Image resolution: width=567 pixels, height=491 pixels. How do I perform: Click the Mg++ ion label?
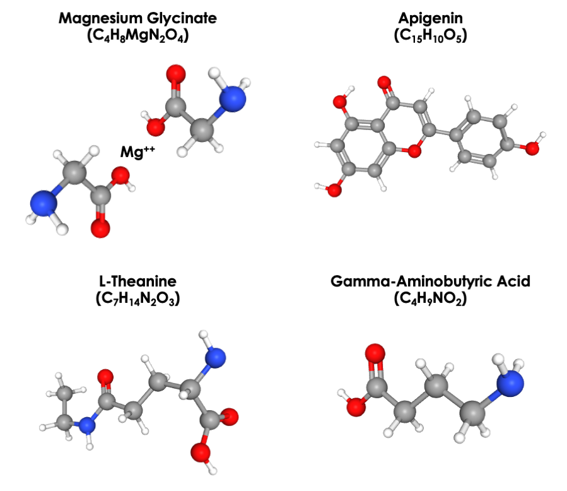[137, 151]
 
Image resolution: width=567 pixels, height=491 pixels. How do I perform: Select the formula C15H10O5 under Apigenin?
[428, 37]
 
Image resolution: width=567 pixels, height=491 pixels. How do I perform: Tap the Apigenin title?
[428, 18]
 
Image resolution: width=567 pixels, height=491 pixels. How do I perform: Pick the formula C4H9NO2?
[430, 299]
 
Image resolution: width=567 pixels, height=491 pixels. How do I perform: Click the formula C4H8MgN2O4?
[137, 37]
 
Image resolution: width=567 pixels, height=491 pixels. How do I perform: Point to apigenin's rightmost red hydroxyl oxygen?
[532, 148]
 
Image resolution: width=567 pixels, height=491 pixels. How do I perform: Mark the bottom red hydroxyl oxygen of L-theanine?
[201, 453]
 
